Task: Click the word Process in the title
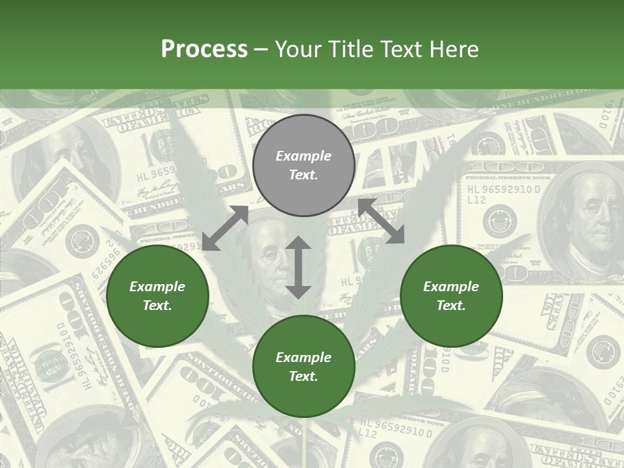204,49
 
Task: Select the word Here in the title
452,49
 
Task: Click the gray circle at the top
304,165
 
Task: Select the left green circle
157,296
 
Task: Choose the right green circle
451,296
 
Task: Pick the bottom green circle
304,367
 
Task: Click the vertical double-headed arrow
298,267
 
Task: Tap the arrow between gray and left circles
225,228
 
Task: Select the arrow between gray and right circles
382,222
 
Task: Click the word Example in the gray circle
304,156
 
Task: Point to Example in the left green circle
157,287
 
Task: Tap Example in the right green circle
451,287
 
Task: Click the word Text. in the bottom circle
304,376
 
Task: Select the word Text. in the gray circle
304,175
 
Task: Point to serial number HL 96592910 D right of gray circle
503,190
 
